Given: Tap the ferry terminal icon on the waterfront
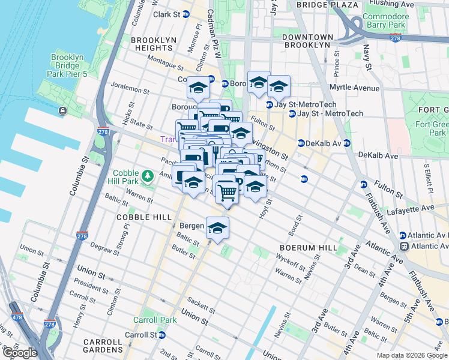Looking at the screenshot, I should (x=62, y=110).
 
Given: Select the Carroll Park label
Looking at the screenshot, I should (x=155, y=320).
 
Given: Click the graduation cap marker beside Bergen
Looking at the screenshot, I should (x=218, y=229).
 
